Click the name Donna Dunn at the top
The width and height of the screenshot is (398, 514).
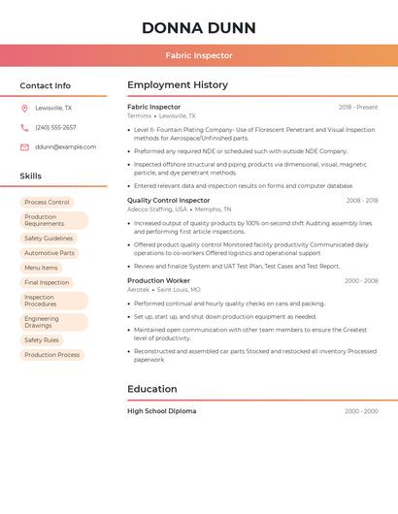click(x=198, y=27)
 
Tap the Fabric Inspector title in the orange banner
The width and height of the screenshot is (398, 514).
click(x=198, y=55)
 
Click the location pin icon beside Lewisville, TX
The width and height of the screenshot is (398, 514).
click(x=24, y=109)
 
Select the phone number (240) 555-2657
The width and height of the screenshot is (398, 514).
click(x=55, y=127)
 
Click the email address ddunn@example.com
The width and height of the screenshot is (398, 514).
click(x=65, y=146)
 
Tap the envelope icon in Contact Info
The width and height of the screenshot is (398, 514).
click(x=24, y=147)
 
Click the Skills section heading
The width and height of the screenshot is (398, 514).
click(x=31, y=177)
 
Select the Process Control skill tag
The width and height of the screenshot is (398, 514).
click(x=47, y=203)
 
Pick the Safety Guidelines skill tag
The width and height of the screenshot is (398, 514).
click(x=49, y=239)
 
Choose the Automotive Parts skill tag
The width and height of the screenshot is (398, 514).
click(x=49, y=253)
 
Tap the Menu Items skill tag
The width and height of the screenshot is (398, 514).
click(x=41, y=268)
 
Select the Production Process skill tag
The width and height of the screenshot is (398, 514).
click(x=52, y=355)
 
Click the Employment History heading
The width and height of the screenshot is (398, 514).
click(x=178, y=85)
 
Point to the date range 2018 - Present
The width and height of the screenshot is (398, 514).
click(x=358, y=108)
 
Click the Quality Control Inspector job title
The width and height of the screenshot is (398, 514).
click(x=168, y=201)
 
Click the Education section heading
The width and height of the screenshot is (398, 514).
click(x=152, y=389)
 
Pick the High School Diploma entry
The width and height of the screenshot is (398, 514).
click(x=161, y=411)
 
